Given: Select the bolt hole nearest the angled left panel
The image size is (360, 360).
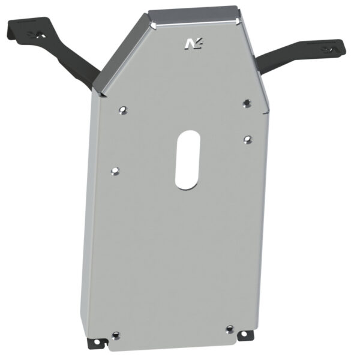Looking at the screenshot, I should point(123,110).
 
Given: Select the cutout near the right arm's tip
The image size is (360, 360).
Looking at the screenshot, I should point(329,49).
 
